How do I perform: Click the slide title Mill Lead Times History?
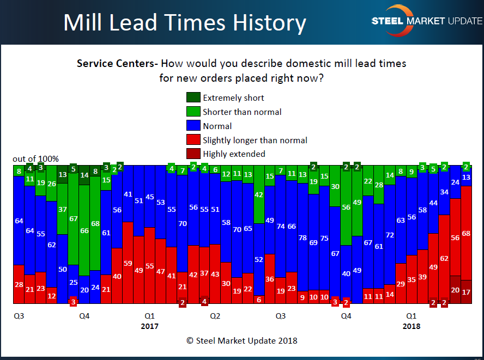point(184,23)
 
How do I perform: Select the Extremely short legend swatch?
point(193,97)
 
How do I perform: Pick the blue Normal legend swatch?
point(193,126)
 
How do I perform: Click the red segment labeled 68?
point(466,233)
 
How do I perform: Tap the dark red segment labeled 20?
point(455,290)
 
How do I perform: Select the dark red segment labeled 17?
point(466,292)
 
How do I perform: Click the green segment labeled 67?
point(73,218)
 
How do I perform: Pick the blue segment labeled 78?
point(302,237)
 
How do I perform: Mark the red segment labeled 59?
point(128,263)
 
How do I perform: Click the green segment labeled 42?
point(259,195)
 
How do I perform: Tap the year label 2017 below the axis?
point(149,326)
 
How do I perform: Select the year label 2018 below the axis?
point(412,326)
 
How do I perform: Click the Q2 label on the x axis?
point(215,315)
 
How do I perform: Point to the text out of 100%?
point(35,159)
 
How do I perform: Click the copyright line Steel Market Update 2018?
point(241,341)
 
